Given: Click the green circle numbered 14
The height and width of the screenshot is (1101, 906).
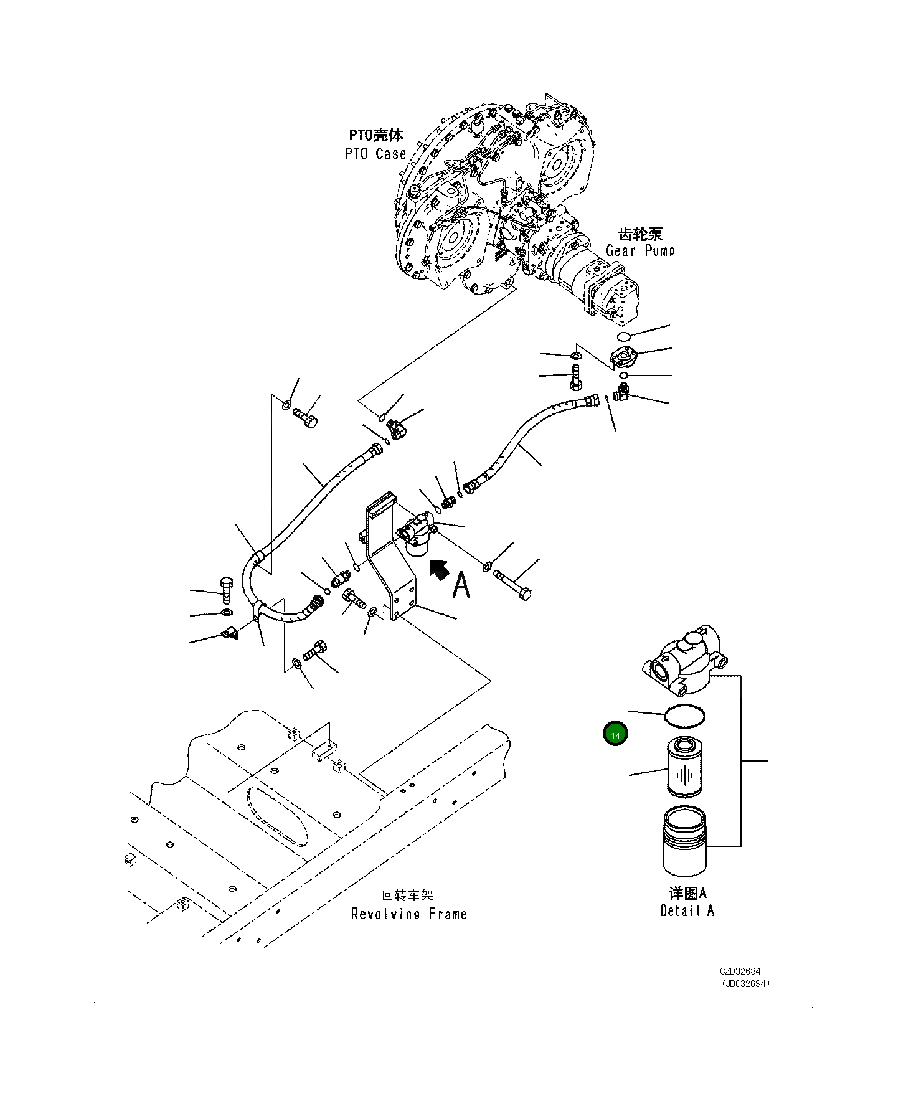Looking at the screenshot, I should (615, 734).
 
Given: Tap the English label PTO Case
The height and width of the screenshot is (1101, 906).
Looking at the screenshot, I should (375, 154).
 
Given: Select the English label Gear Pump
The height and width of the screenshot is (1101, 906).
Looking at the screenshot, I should (640, 250).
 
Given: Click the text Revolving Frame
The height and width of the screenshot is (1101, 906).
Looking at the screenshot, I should (408, 914).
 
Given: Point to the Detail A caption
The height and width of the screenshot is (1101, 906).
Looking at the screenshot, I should (687, 910).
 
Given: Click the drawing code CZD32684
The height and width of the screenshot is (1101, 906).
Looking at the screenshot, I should (740, 971).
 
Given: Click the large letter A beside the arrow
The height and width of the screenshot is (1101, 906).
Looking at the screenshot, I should (461, 585).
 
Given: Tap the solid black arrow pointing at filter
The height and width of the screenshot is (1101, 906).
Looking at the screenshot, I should (440, 569).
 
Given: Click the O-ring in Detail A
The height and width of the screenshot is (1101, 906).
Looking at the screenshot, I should (685, 716).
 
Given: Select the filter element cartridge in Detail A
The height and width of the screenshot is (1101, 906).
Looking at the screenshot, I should (684, 767).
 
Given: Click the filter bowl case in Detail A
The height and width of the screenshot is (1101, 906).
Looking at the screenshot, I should (685, 841).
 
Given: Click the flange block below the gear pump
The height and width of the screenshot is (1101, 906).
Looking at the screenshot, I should (623, 357).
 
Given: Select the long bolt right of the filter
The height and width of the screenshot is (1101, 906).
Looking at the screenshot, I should (512, 584).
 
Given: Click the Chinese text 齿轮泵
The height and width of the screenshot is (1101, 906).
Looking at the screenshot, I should (640, 234).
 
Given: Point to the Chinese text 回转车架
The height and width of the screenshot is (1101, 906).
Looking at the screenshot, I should (407, 895).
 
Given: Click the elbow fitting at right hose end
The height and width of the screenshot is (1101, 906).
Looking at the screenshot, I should (621, 393).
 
